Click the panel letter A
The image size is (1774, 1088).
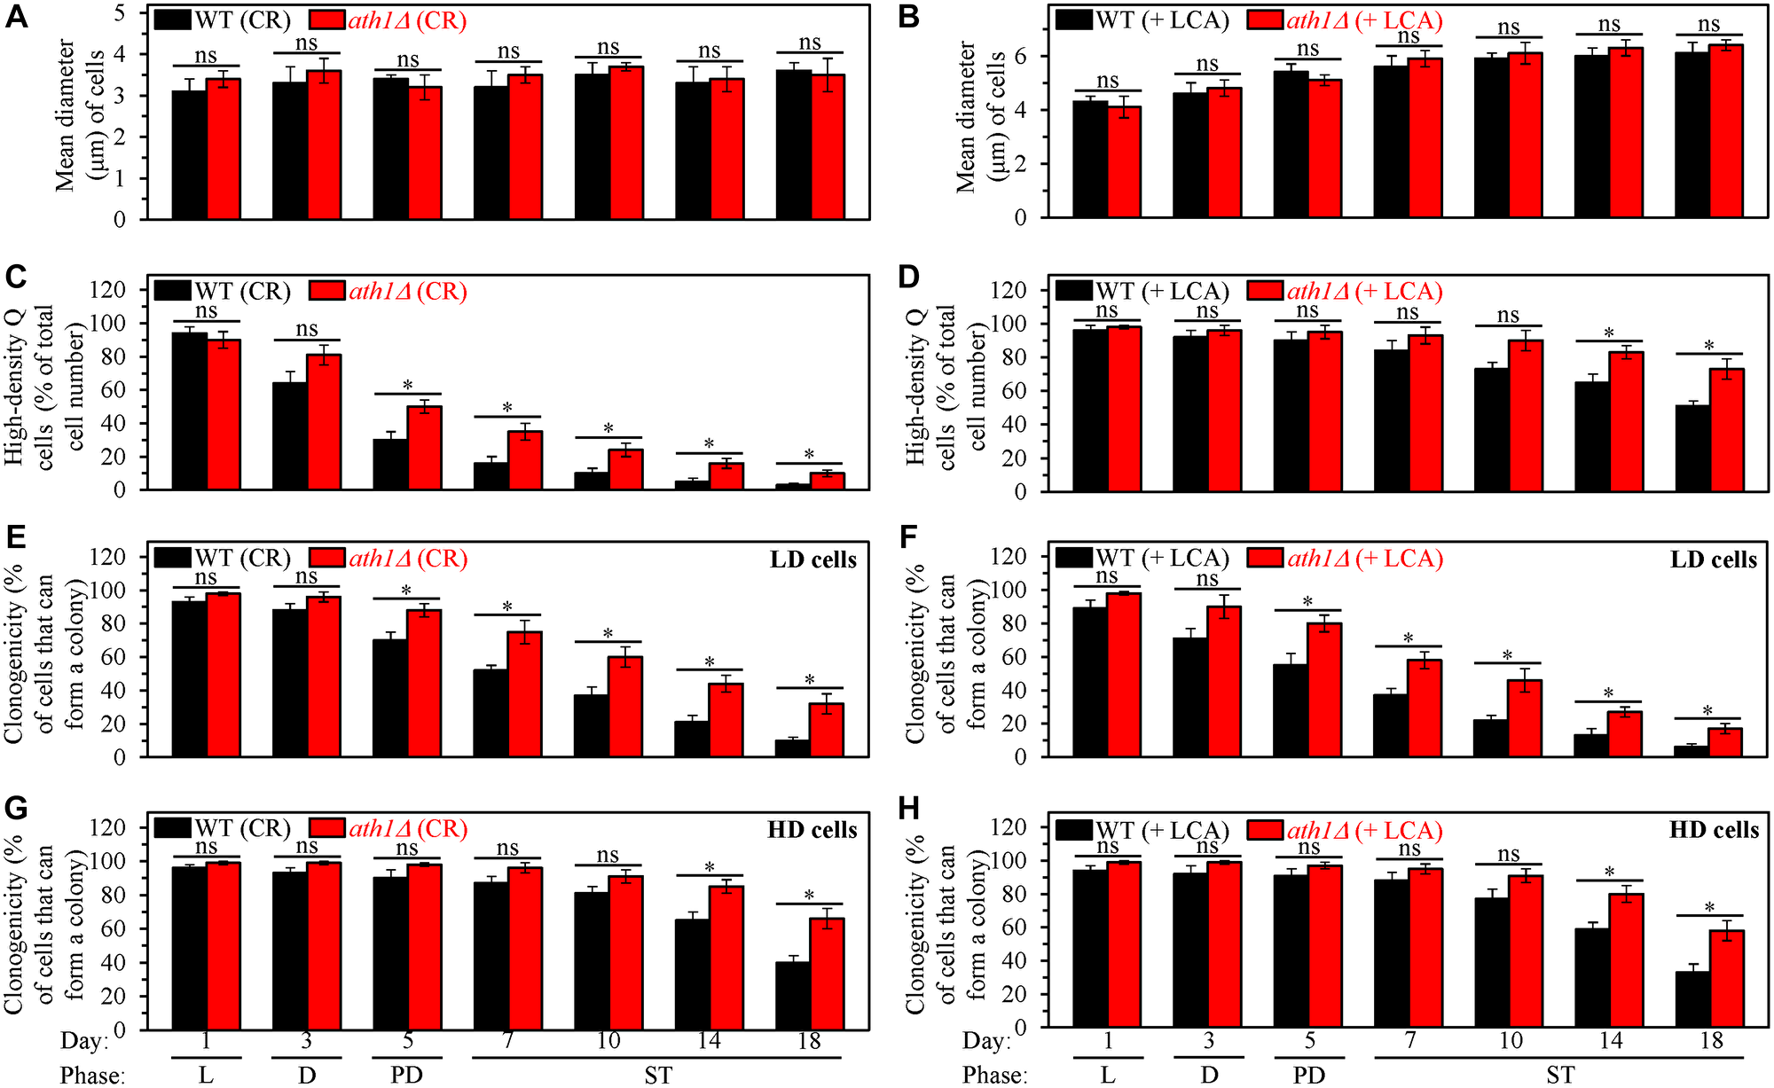(16, 17)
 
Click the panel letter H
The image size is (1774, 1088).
(909, 809)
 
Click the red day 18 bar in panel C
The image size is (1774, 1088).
(827, 481)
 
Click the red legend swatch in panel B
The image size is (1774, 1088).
(1264, 20)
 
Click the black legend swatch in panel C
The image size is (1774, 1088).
(172, 291)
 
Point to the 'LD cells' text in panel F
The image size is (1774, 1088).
(1713, 560)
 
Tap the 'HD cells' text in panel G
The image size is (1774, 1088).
(812, 830)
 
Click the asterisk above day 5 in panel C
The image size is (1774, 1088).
(407, 386)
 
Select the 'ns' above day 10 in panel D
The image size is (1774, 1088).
(1508, 316)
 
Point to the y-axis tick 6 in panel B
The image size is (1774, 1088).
(1020, 57)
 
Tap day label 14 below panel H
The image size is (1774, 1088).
(1610, 1040)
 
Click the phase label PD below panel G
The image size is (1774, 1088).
(406, 1075)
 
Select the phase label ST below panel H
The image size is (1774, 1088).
(1560, 1075)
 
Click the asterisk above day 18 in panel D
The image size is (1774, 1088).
(1709, 346)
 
